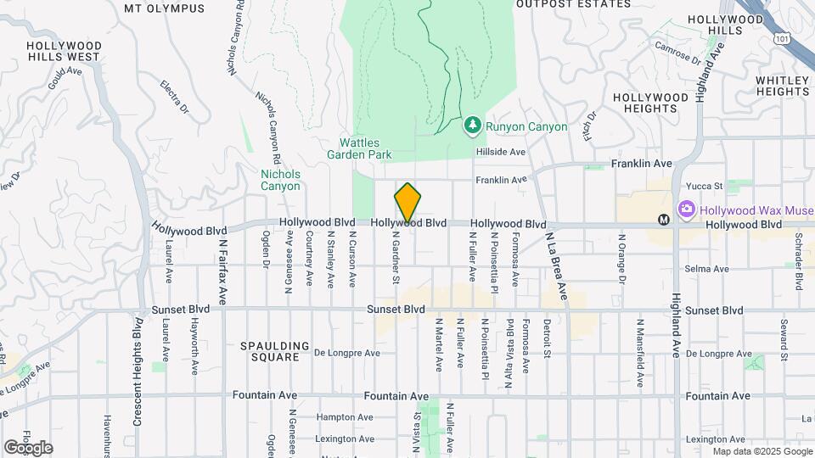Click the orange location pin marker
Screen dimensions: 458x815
(407, 203)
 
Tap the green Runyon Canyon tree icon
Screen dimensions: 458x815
(472, 126)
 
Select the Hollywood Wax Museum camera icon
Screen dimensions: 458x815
(687, 209)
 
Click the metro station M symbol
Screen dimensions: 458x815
(665, 220)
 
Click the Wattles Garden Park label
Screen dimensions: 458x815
(359, 148)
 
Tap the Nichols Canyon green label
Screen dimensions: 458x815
(280, 180)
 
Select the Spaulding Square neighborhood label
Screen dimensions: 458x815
(269, 351)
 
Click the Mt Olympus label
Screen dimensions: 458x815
(164, 8)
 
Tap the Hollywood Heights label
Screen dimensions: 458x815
(650, 103)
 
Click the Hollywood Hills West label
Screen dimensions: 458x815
(64, 51)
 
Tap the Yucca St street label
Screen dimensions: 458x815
(705, 186)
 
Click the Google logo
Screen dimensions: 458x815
(28, 447)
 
